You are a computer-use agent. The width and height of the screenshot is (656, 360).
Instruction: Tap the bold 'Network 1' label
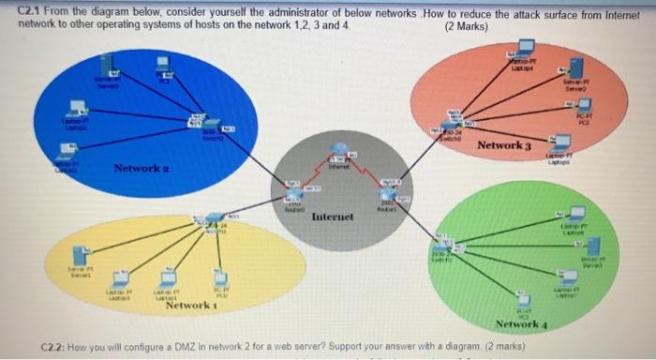(x=191, y=306)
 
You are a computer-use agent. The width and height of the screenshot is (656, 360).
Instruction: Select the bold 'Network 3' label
(x=503, y=146)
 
